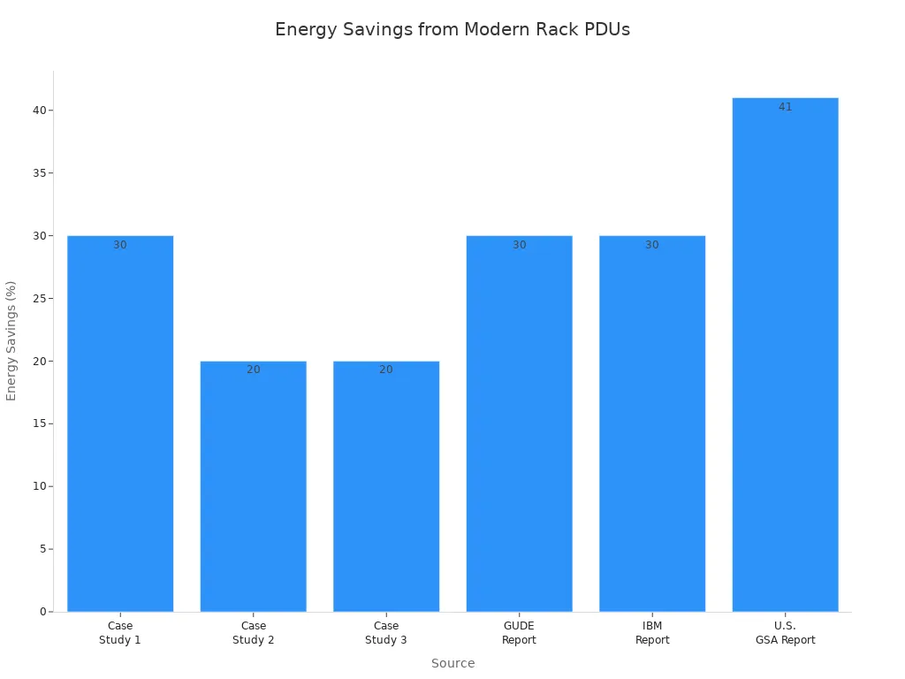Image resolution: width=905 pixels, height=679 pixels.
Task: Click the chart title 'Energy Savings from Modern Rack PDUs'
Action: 452,29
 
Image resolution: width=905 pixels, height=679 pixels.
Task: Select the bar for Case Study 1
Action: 120,424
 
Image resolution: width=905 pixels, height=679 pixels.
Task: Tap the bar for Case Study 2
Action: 254,486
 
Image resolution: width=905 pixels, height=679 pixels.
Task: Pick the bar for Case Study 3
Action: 386,486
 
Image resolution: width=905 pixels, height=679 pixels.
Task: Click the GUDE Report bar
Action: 519,424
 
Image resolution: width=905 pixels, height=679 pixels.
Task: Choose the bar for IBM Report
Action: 652,424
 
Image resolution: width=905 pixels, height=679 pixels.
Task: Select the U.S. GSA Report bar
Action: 785,354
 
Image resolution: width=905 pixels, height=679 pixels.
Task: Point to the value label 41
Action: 785,107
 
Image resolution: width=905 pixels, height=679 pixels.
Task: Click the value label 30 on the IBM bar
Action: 652,245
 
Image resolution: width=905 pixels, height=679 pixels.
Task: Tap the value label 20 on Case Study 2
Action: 254,370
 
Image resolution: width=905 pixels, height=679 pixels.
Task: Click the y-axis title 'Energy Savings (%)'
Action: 11,340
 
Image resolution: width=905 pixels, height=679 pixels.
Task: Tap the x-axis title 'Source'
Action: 452,663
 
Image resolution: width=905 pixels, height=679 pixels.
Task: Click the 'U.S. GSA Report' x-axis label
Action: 785,633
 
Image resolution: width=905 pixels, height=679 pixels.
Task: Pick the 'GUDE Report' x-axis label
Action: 519,633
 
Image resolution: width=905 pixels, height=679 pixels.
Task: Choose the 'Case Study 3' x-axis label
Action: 386,633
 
